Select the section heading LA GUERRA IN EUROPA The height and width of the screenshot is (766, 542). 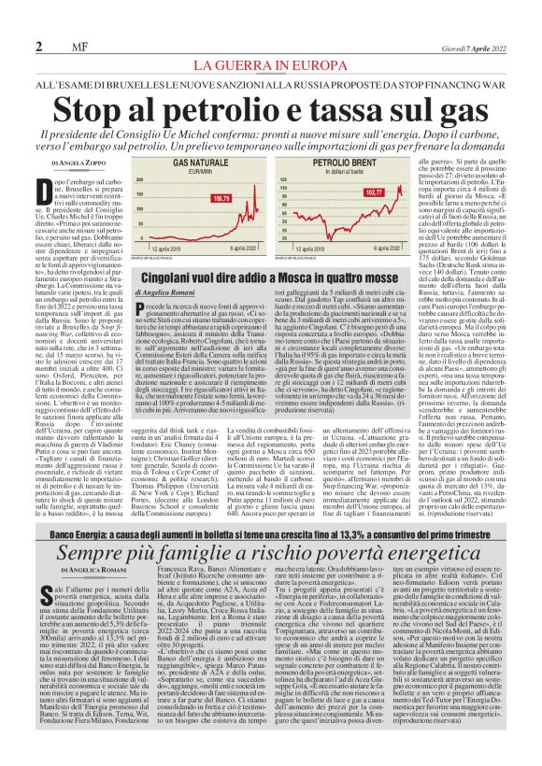[x=270, y=64]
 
